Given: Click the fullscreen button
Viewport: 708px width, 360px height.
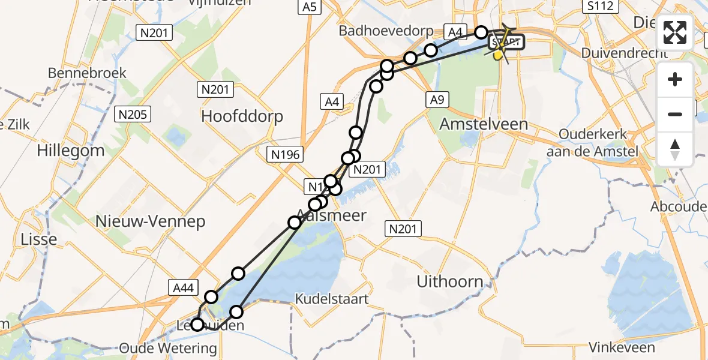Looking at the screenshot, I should tap(675, 32).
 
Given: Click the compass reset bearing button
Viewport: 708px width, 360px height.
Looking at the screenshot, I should tap(675, 149).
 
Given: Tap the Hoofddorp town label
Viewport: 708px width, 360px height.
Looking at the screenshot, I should tap(242, 116).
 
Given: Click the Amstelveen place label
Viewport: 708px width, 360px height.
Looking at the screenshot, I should tap(484, 124).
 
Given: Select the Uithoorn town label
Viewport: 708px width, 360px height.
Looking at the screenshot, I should tap(450, 281).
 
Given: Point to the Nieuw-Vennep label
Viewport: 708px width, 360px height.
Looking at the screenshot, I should tap(150, 221).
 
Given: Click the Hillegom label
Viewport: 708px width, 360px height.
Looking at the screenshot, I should tap(70, 150).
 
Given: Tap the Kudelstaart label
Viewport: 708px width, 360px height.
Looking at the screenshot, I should tap(332, 299).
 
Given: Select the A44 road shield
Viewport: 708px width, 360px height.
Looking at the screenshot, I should tap(181, 289).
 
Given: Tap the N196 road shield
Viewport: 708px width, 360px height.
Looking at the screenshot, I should tap(285, 155).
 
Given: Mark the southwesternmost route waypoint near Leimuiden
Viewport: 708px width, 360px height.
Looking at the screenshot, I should tap(196, 325).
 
